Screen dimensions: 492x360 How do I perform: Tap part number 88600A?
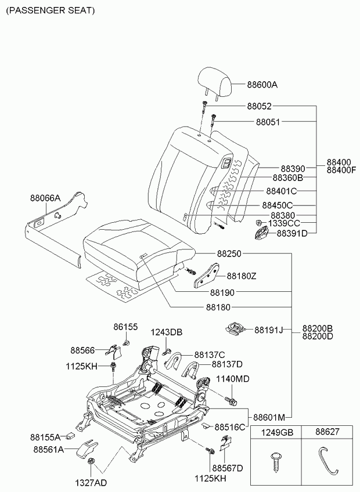(x=262, y=85)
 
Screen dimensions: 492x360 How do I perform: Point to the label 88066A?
(x=45, y=198)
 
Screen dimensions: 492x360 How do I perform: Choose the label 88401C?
(x=281, y=191)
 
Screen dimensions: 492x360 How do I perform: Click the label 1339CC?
(x=284, y=223)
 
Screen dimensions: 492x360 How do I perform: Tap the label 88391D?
(x=292, y=233)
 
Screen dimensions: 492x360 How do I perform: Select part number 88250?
(x=229, y=254)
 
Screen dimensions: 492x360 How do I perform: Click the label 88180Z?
(x=242, y=276)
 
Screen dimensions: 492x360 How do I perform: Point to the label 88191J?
(x=269, y=330)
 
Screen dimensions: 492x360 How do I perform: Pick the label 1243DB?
(x=167, y=332)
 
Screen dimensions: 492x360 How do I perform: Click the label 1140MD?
(x=233, y=379)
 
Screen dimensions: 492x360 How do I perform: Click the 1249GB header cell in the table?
(x=276, y=432)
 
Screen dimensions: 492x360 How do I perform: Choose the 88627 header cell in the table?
(x=327, y=432)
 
